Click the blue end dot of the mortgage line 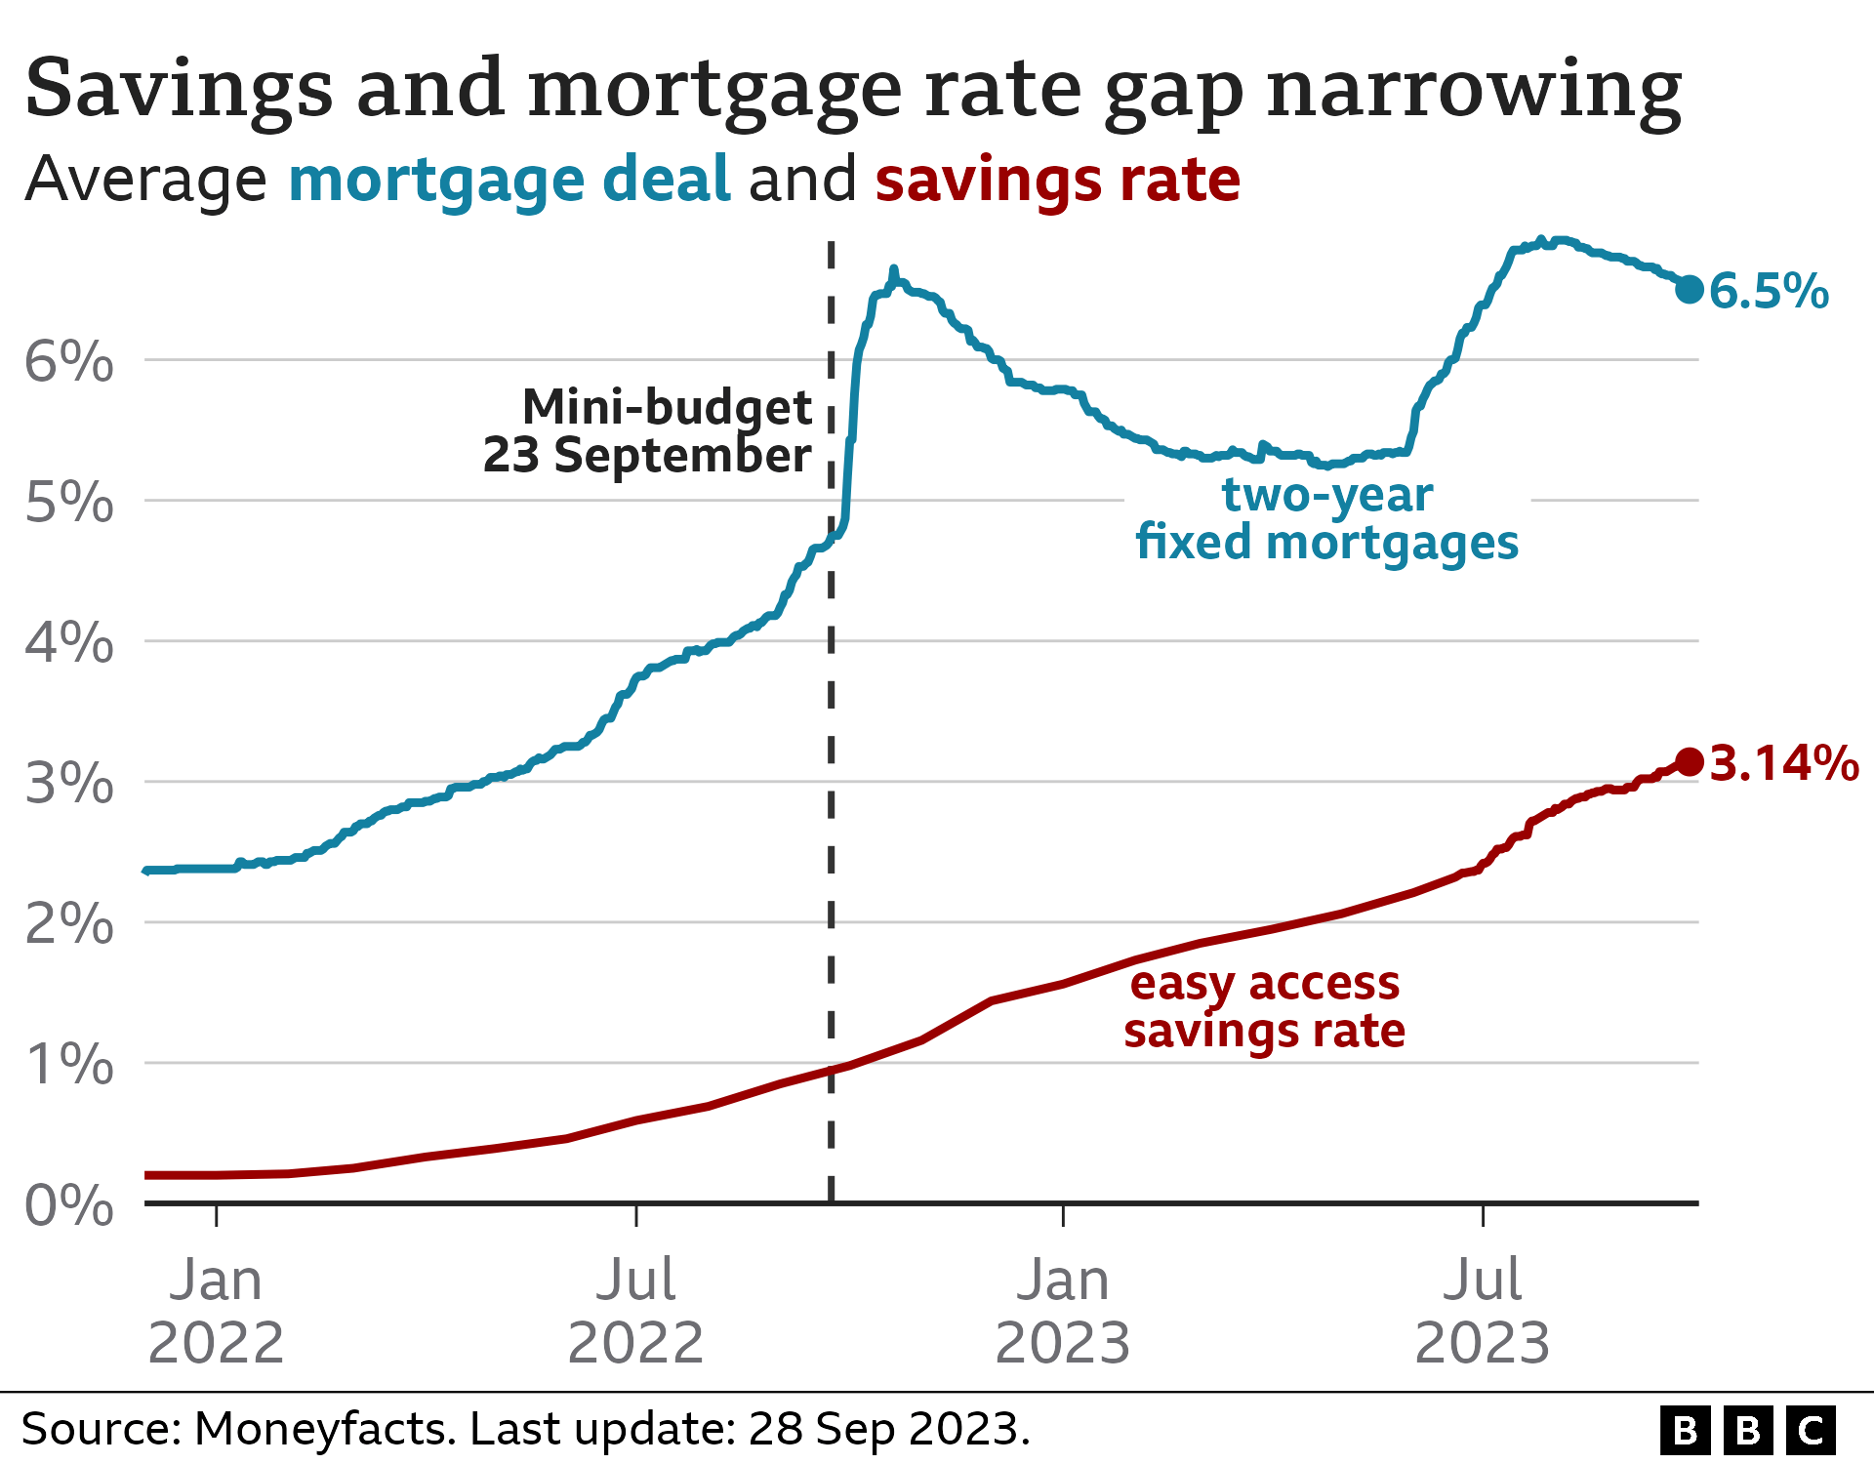(x=1690, y=289)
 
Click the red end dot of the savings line (x=1690, y=761)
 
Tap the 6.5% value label (x=1769, y=291)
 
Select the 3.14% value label (x=1784, y=763)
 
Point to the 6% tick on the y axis (x=68, y=362)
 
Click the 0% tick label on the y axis (x=68, y=1205)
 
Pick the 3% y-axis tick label (x=68, y=784)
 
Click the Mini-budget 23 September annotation (x=649, y=430)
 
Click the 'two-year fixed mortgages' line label (x=1326, y=518)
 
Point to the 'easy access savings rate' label (x=1264, y=1006)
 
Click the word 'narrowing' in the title (x=1474, y=90)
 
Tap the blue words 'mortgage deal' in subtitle (x=509, y=180)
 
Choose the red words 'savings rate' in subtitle (x=1057, y=180)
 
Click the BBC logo (x=1747, y=1431)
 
